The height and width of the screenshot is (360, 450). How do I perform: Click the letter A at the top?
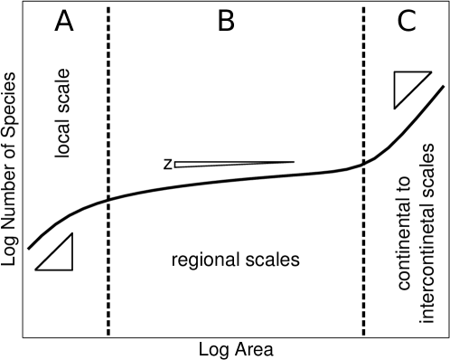(x=64, y=22)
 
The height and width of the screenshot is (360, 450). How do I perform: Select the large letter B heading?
(x=226, y=22)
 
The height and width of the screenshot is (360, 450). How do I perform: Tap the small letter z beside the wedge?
(x=168, y=164)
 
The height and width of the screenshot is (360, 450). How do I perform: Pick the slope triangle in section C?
(x=411, y=89)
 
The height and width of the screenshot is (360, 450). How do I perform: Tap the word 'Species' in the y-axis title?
(x=11, y=95)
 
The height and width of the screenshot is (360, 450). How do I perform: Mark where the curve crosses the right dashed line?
(x=364, y=164)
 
